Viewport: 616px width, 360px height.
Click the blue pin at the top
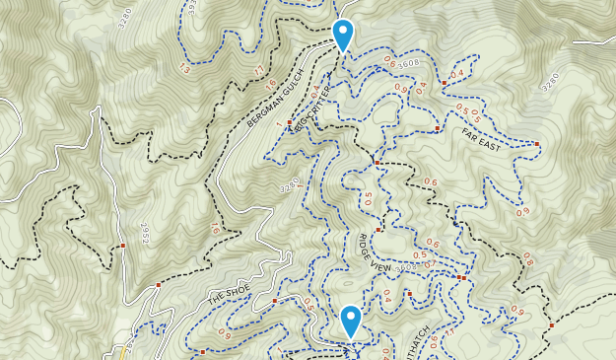pos(342,35)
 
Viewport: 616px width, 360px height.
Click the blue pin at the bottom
pos(350,321)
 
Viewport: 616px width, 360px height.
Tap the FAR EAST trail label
pos(482,137)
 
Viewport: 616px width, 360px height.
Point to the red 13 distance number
pos(184,68)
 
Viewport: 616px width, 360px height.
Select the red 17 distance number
pos(258,70)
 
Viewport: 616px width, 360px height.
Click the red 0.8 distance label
pos(527,259)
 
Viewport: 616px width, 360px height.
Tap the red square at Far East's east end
pos(538,145)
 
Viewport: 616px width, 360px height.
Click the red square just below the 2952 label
pos(122,246)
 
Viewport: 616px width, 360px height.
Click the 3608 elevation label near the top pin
pos(409,63)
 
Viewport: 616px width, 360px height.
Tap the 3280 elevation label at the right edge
pos(550,82)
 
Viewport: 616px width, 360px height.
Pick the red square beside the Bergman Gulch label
pos(289,122)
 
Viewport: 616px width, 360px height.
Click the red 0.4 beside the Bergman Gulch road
pos(315,94)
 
